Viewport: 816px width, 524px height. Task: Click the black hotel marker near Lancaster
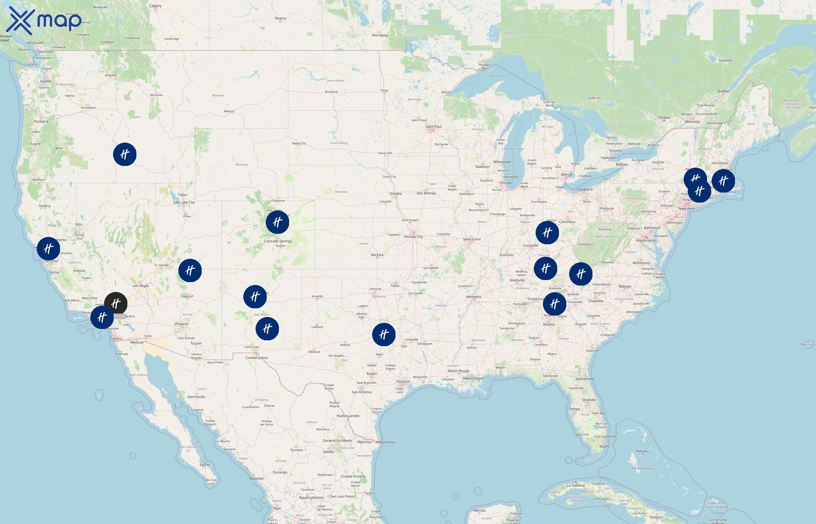coord(116,303)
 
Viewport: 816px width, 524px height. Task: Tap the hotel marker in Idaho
coord(125,154)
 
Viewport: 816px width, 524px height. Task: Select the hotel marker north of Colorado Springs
coord(277,222)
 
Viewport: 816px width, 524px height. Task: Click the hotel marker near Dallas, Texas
coord(384,334)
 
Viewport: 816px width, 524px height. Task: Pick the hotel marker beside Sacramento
coord(48,248)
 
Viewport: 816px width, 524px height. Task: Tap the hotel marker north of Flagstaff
coord(190,270)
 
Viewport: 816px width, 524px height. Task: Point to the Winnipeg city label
coord(379,35)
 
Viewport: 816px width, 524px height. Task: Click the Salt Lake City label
coord(184,202)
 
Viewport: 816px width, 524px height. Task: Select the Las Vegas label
coord(141,286)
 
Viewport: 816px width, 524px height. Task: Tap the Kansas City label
coord(414,236)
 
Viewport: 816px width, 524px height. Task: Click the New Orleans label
coord(473,378)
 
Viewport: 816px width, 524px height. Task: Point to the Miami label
coord(604,447)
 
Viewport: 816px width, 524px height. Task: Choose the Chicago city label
coord(506,183)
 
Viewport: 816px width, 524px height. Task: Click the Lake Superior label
coord(498,76)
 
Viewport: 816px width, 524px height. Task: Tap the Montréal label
coord(692,122)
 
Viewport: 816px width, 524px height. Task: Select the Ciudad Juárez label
coord(256,357)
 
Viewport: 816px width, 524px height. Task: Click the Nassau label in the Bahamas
coord(642,451)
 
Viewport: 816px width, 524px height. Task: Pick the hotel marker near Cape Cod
coord(723,180)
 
